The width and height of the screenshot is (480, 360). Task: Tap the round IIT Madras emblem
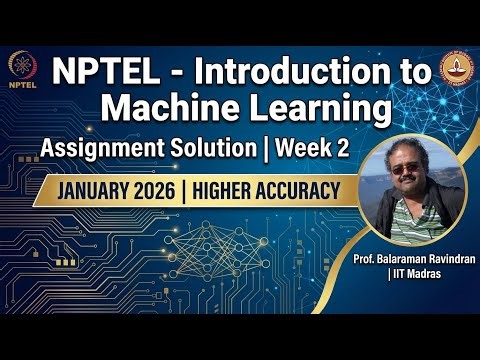[x=457, y=71]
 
